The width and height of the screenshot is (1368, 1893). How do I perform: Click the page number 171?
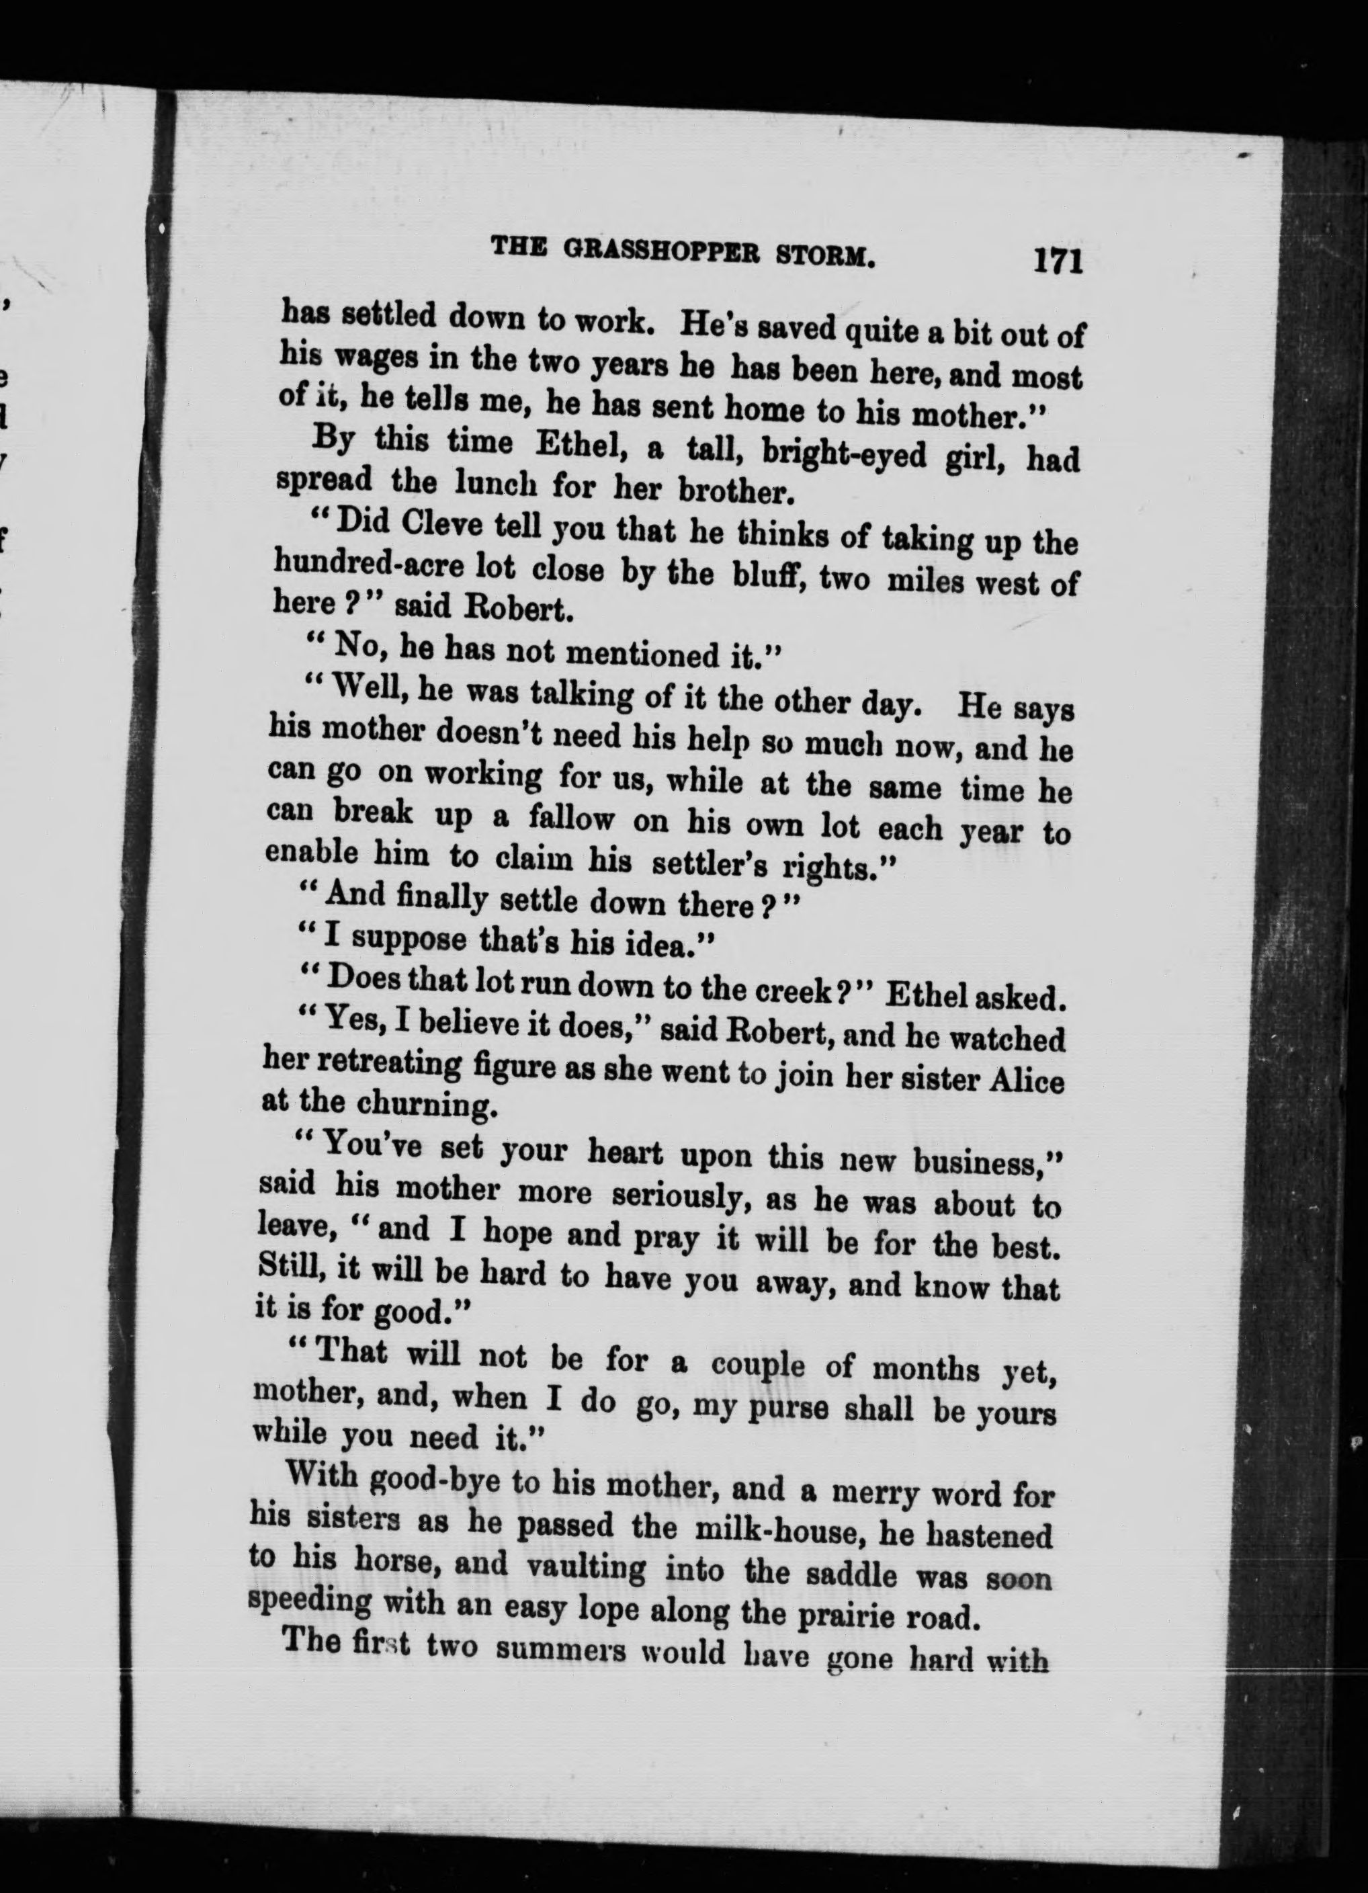(x=1058, y=261)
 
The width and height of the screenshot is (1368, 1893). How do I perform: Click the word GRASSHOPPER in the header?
(x=658, y=251)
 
